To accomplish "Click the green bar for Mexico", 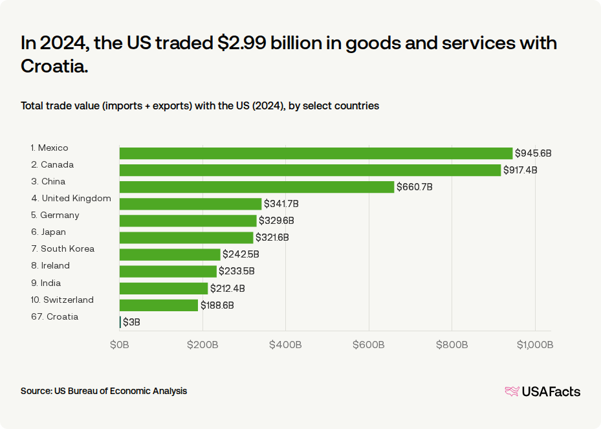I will coord(316,153).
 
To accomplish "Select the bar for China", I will coord(257,187).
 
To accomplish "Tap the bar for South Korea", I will coord(170,254).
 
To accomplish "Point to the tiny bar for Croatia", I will coord(120,322).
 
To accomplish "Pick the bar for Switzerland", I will coord(159,305).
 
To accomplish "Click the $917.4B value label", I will coord(520,170).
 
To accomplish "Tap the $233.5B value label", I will coord(236,271).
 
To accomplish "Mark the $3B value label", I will coord(131,322).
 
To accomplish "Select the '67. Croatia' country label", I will coord(54,316).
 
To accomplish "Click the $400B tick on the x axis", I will coord(285,345).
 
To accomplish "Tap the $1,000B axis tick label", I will coord(534,345).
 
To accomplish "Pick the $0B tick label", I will coord(120,345).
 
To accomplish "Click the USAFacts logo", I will coord(542,391).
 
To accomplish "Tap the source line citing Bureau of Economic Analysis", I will coord(104,391).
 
